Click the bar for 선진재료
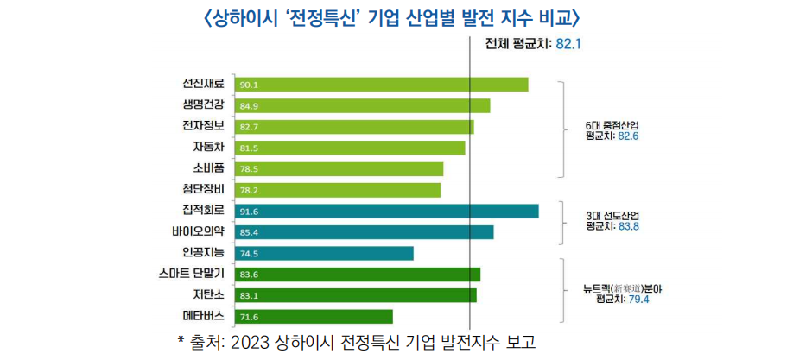(381, 85)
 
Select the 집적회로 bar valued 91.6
(386, 212)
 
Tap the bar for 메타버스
(314, 317)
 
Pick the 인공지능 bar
(324, 253)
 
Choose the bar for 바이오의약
(364, 232)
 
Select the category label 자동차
(208, 148)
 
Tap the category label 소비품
(208, 168)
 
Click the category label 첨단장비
(203, 190)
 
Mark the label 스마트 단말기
(192, 275)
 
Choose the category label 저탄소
(208, 295)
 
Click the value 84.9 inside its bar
(250, 106)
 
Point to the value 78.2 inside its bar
(250, 191)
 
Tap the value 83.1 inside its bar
(250, 296)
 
